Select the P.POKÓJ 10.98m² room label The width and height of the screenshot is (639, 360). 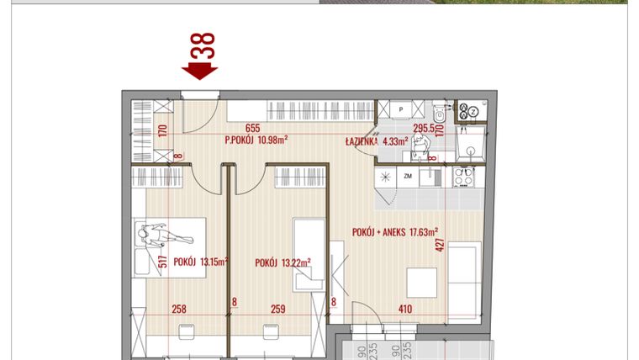257,140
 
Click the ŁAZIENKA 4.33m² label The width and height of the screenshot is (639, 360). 376,141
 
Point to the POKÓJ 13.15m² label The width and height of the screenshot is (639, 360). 201,262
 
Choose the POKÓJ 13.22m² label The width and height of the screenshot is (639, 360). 283,262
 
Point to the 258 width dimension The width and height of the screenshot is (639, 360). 178,309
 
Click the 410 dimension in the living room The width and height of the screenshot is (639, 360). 405,309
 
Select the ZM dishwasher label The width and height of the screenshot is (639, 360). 408,177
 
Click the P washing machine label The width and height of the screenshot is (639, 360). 401,109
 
